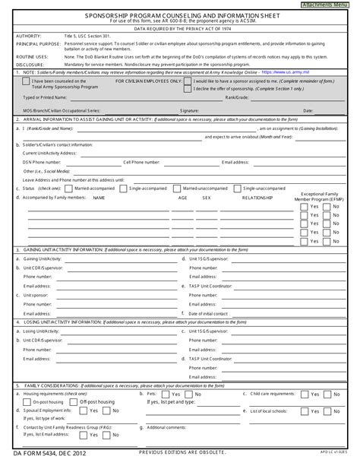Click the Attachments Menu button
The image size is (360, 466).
331,5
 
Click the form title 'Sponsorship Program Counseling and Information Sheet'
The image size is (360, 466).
180,14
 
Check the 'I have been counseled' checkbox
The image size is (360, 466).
26,81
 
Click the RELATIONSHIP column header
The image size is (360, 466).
257,197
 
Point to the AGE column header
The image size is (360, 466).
182,197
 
